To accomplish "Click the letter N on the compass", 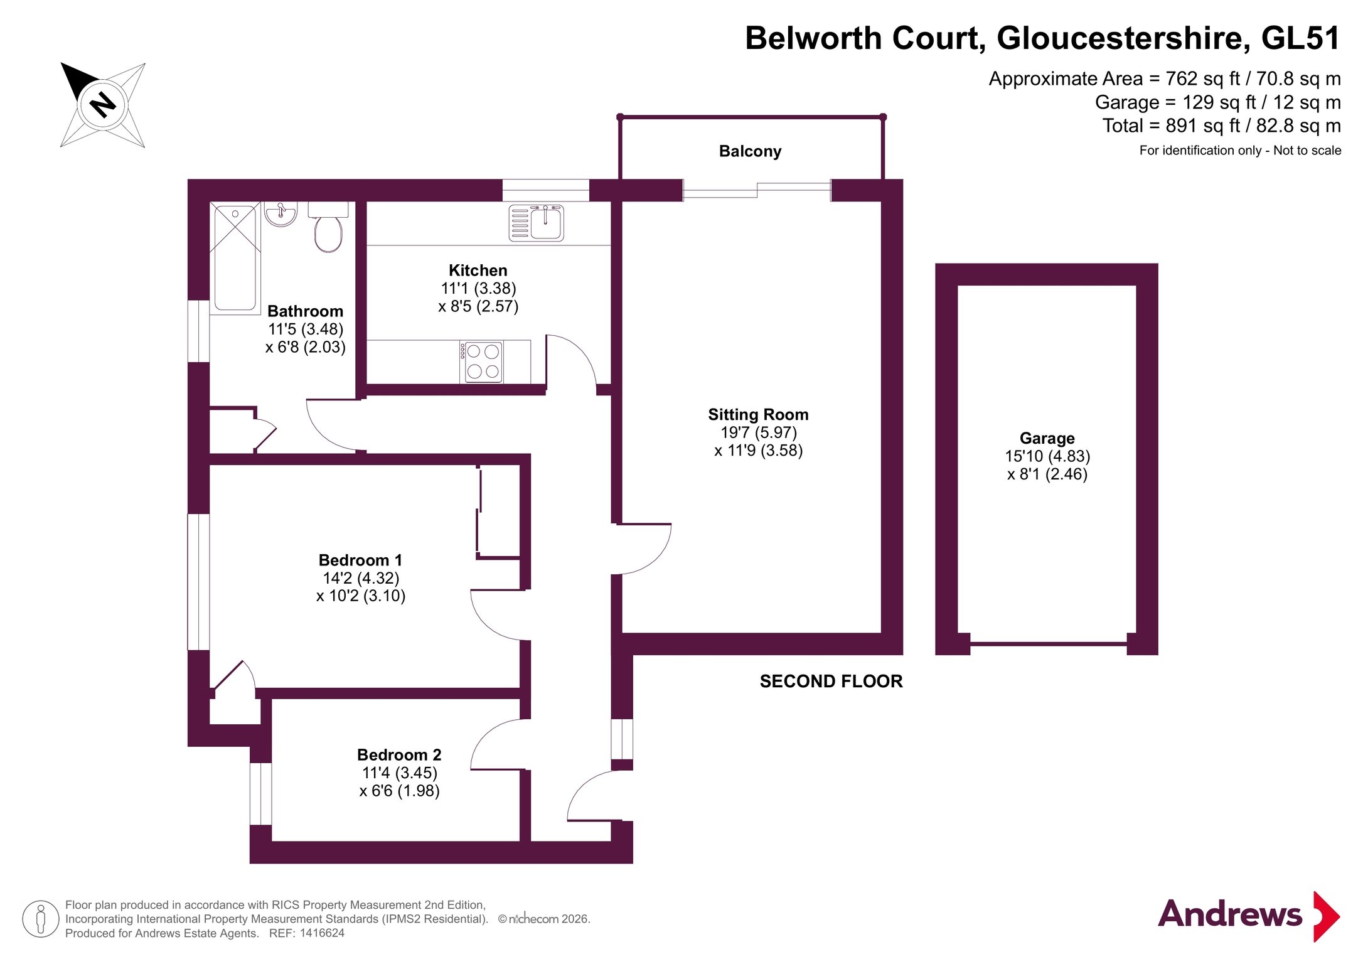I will click(x=103, y=104).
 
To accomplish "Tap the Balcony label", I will click(x=750, y=151).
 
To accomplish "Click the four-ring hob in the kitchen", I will click(x=483, y=362).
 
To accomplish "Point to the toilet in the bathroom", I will click(x=328, y=230).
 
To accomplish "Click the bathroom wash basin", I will click(x=281, y=213).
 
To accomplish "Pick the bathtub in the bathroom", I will click(x=235, y=257).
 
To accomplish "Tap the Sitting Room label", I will click(x=758, y=415).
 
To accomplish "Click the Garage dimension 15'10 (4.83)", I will click(x=1047, y=456).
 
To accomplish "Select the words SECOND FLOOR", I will click(x=831, y=682).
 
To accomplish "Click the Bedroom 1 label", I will click(x=360, y=560).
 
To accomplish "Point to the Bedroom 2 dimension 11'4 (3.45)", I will click(x=399, y=773).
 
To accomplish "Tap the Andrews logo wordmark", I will click(x=1229, y=914).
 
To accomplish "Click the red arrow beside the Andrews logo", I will click(x=1326, y=916).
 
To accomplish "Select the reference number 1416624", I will click(x=322, y=933).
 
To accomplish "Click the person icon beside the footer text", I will click(x=41, y=919).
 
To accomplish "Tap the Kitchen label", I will click(x=478, y=270).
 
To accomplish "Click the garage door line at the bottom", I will click(x=1048, y=644).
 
